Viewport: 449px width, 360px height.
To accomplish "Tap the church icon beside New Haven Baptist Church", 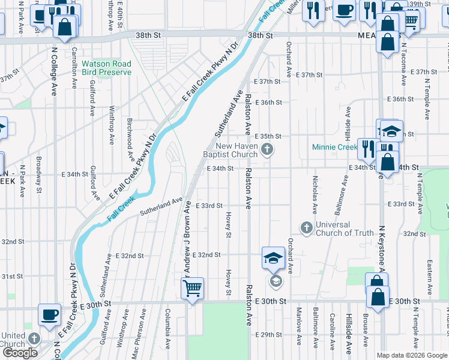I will [x=268, y=149].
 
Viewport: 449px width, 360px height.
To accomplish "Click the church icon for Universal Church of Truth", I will [x=306, y=228].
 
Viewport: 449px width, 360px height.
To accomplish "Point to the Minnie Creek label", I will [x=334, y=147].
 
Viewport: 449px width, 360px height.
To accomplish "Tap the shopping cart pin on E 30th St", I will [x=192, y=289].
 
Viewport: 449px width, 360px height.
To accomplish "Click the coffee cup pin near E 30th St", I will [x=49, y=314].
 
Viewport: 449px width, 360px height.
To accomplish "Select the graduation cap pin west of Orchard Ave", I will [x=273, y=259].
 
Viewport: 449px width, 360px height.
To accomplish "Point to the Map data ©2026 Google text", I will [x=411, y=355].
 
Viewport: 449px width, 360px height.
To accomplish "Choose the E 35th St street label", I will [x=267, y=136].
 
